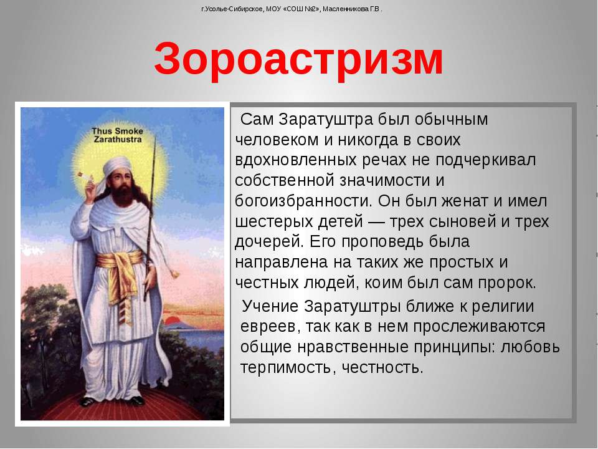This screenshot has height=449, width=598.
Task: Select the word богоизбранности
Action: [x=303, y=201]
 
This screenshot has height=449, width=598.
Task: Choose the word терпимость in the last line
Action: [x=288, y=368]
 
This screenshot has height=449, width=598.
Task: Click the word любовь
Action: [x=530, y=347]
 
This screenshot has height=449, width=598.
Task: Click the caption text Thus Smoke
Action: [x=117, y=131]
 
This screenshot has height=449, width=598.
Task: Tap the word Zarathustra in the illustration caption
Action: [x=118, y=139]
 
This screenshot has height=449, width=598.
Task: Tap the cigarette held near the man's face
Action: [x=84, y=176]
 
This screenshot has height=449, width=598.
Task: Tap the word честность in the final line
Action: [x=382, y=368]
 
